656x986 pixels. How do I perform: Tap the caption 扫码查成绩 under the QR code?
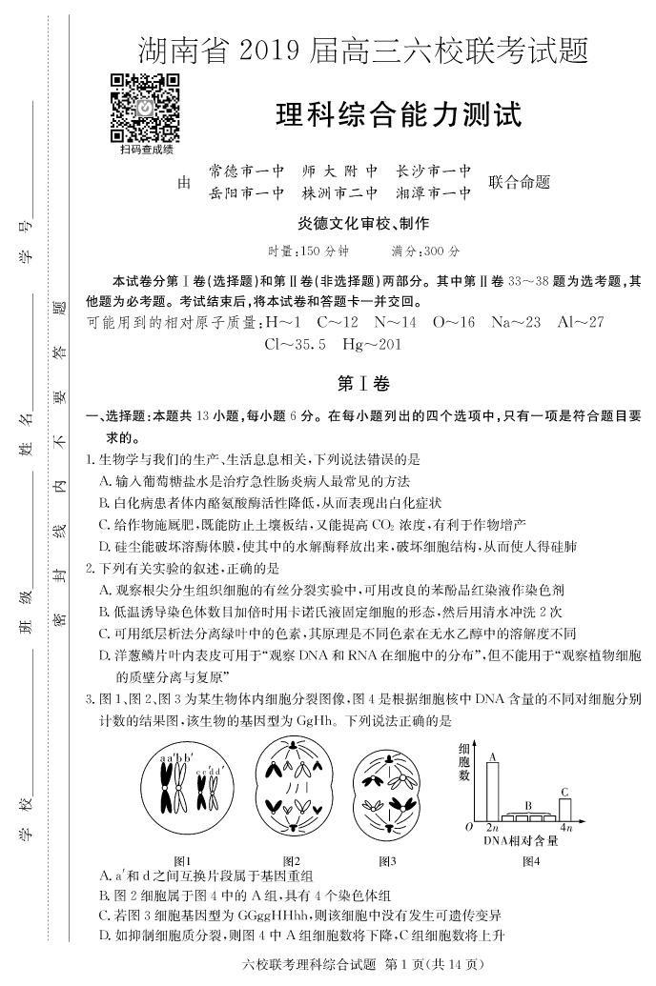pos(147,149)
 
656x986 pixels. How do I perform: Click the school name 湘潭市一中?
pos(434,192)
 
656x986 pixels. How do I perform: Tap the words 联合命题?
pos(520,182)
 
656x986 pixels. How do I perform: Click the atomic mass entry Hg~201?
pos(371,344)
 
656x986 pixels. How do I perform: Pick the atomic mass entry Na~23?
pos(516,322)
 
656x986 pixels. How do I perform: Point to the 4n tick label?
pos(565,829)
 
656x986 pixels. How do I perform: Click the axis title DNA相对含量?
pos(521,840)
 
